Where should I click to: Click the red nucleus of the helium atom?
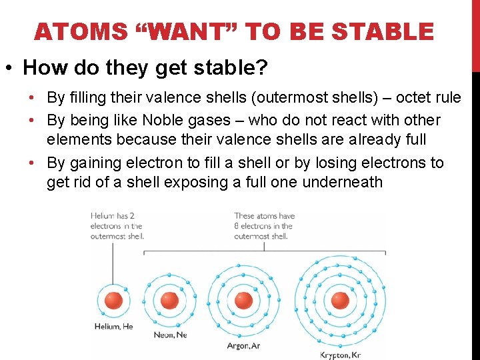pyautogui.click(x=113, y=300)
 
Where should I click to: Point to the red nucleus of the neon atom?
pyautogui.click(x=170, y=300)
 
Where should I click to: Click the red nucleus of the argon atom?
pyautogui.click(x=243, y=300)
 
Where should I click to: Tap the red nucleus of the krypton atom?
pyautogui.click(x=340, y=300)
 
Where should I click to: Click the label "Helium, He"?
pyautogui.click(x=113, y=327)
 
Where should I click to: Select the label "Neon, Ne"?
pyautogui.click(x=171, y=335)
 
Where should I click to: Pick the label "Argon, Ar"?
pyautogui.click(x=243, y=346)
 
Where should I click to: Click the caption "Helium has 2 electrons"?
pyautogui.click(x=117, y=225)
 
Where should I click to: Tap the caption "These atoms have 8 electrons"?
pyautogui.click(x=264, y=225)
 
